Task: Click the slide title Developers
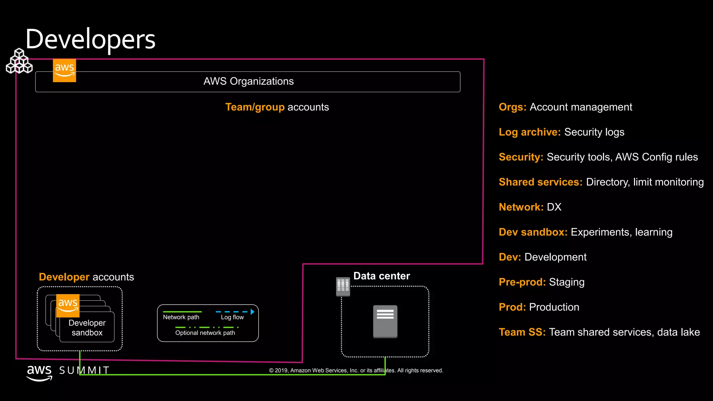[x=90, y=39]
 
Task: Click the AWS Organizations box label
[x=248, y=81]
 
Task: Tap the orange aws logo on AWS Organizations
[x=64, y=70]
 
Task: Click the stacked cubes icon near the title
[x=19, y=62]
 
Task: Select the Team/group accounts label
[x=277, y=107]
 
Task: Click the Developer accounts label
[x=86, y=277]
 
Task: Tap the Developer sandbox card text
[x=87, y=328]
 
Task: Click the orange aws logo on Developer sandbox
[x=68, y=305]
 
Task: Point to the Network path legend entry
[x=181, y=317]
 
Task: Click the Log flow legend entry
[x=232, y=317]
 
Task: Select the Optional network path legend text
[x=205, y=333]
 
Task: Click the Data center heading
[x=382, y=276]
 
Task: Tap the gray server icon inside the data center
[x=385, y=321]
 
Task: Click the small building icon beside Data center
[x=343, y=286]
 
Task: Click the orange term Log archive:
[x=530, y=132]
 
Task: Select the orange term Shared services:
[x=540, y=182]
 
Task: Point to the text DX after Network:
[x=554, y=207]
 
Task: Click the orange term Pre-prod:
[x=522, y=282]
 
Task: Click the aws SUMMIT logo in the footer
[x=68, y=371]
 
